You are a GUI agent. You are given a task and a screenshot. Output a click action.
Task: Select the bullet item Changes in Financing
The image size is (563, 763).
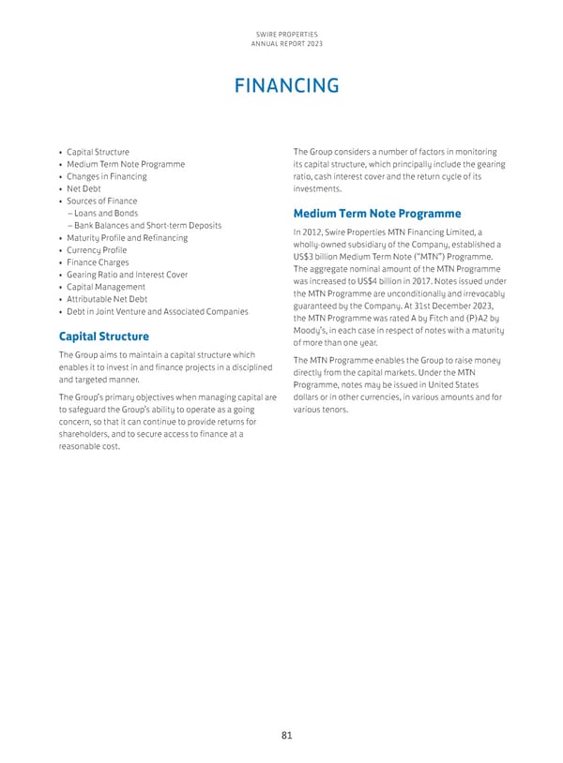point(106,176)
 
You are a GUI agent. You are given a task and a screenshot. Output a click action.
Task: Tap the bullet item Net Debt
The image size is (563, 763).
point(84,188)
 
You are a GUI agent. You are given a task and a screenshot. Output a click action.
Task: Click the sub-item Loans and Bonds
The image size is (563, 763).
point(102,213)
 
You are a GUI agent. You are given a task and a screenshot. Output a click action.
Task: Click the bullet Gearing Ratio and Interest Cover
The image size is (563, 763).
point(127,275)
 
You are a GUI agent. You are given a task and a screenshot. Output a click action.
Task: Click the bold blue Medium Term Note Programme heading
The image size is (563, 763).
point(377,213)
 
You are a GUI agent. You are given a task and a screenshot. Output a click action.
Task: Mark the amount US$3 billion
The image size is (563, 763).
point(321,258)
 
